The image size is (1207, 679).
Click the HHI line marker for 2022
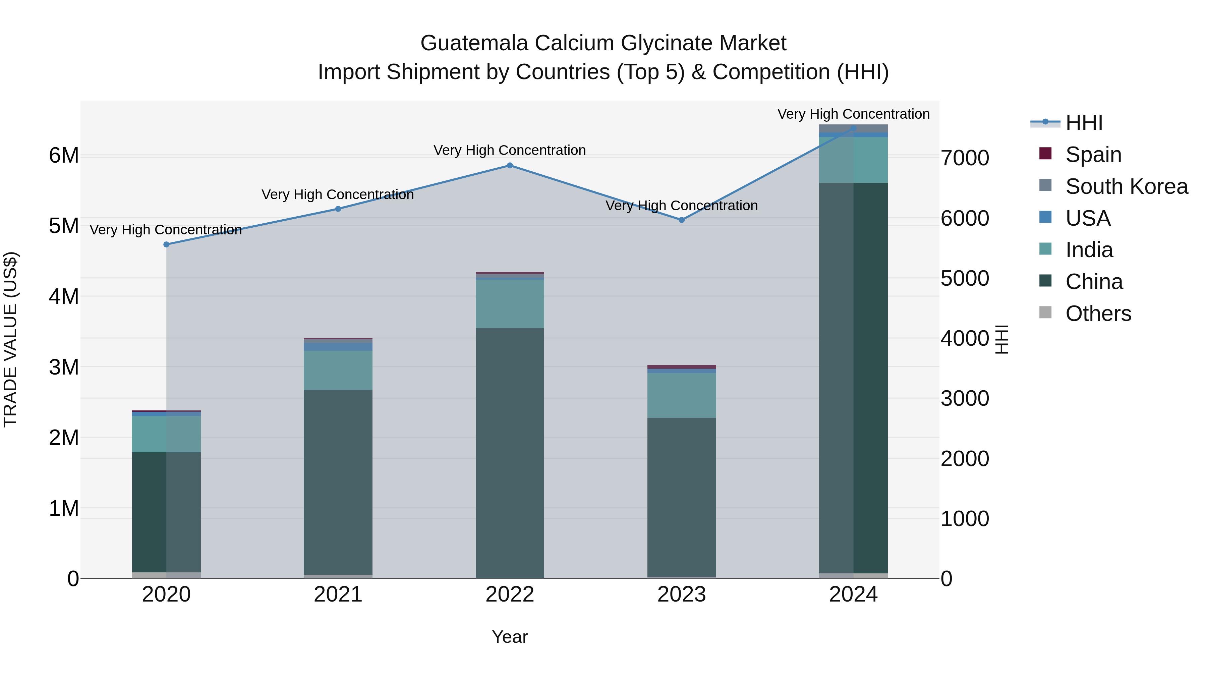510,165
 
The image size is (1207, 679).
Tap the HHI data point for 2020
166,244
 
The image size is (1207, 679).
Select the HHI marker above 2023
682,220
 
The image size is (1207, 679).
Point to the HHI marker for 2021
338,209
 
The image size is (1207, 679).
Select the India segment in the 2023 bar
682,395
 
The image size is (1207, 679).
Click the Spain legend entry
1093,155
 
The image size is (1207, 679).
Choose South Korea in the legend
1127,186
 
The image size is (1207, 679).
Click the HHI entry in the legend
1084,123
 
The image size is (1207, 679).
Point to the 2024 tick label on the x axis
853,595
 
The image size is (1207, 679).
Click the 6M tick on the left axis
64,156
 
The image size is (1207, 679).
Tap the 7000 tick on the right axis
965,158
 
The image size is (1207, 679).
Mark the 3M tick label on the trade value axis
64,367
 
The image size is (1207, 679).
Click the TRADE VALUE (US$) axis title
10,339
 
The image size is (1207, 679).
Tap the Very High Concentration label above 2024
853,114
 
